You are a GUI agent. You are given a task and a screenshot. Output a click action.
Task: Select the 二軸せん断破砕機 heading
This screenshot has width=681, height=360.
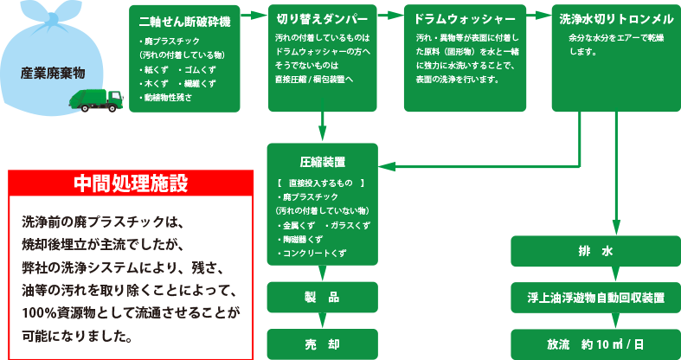(177, 20)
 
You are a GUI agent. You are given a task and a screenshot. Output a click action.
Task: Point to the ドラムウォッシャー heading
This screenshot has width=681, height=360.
(466, 18)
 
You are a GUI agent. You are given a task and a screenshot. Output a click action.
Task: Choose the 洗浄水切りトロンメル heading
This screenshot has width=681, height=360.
(616, 18)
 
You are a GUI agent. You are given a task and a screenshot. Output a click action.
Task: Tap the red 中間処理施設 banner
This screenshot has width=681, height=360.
(130, 183)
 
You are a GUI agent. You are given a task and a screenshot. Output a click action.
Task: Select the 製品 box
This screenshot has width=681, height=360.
(321, 297)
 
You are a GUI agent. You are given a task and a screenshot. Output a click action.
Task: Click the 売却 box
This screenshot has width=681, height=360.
(321, 342)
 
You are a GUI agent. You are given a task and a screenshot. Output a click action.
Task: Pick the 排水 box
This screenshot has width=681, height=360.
(594, 251)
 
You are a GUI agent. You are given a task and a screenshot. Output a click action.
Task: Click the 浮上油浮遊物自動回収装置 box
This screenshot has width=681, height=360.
(594, 297)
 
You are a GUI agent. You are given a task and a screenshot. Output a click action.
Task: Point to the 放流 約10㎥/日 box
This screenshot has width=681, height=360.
(594, 344)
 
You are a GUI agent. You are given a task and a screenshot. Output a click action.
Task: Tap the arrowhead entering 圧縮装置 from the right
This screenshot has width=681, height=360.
(387, 165)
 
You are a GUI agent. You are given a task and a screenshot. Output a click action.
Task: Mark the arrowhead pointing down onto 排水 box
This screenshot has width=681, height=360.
(615, 228)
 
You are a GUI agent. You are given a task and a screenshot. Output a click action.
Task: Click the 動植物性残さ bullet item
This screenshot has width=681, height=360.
(168, 98)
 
